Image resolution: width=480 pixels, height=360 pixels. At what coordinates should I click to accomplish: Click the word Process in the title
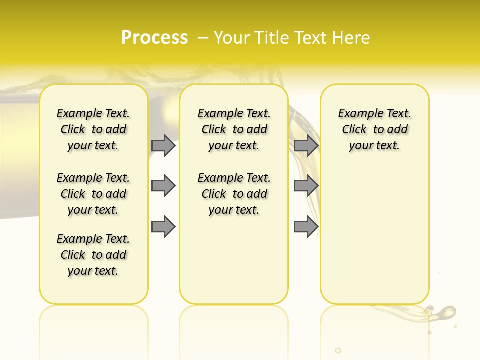(154, 38)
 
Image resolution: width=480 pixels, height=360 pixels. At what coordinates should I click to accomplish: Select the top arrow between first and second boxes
(163, 145)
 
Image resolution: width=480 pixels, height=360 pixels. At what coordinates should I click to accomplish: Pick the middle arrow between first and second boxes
(163, 186)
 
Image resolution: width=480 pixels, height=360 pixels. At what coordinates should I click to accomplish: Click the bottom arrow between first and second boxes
(163, 226)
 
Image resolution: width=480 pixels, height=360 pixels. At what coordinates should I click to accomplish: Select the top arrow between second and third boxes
(306, 145)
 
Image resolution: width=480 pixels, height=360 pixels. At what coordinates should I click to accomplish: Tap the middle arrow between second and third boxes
(306, 186)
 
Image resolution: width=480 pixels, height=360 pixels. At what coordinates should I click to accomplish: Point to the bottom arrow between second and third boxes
(306, 226)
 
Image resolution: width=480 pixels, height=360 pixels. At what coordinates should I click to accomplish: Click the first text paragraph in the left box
(93, 129)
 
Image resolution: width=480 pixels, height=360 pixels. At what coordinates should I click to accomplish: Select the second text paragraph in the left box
(93, 194)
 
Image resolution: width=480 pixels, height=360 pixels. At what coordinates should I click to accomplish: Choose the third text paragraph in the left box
(93, 255)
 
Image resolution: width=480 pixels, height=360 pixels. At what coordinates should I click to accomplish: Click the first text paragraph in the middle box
(234, 129)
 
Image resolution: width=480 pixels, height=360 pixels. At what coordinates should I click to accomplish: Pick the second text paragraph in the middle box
(234, 194)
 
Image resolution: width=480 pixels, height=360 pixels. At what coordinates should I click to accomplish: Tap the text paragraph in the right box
(375, 129)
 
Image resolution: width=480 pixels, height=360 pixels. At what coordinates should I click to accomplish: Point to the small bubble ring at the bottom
(338, 350)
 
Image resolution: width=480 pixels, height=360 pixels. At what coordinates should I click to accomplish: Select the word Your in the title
(232, 38)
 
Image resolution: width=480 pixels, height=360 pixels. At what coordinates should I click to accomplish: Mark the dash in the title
(203, 38)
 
